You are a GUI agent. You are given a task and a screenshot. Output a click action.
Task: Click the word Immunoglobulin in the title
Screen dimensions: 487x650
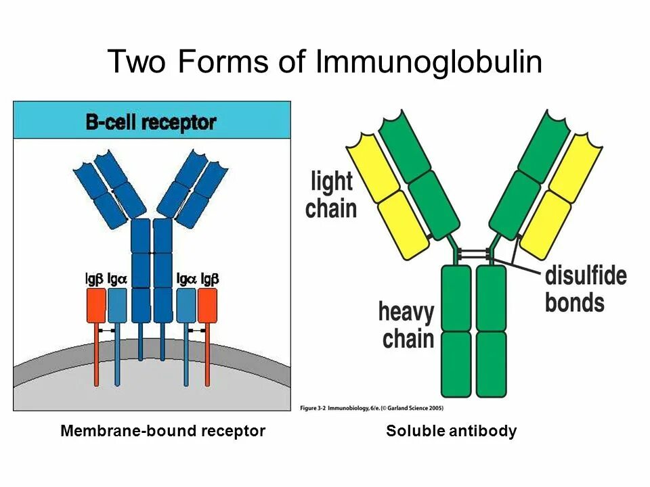click(429, 63)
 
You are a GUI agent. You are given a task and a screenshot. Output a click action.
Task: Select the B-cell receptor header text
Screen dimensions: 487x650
click(150, 122)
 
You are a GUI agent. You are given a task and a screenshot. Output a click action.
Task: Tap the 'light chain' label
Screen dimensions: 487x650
click(331, 195)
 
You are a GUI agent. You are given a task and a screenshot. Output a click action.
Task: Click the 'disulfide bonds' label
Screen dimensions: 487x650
click(586, 289)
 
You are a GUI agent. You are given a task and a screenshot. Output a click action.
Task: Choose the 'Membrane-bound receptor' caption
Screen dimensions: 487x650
click(162, 431)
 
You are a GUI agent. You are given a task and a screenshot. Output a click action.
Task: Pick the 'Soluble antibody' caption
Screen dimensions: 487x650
click(452, 431)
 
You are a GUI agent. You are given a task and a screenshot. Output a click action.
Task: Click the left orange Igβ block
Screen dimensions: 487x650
click(95, 306)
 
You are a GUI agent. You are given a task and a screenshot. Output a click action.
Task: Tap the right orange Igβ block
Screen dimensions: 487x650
click(207, 306)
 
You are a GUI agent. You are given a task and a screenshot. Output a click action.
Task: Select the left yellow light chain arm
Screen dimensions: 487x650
click(386, 196)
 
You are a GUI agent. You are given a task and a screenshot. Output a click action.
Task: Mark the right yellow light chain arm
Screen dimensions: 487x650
click(561, 196)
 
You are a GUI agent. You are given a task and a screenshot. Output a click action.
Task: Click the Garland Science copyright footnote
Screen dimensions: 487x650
click(371, 408)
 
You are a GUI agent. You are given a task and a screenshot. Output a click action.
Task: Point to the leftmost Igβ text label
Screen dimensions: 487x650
click(94, 278)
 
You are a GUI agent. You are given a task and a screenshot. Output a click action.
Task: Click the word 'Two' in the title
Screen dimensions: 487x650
click(138, 63)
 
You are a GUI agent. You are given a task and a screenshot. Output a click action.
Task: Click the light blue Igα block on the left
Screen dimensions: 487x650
click(117, 306)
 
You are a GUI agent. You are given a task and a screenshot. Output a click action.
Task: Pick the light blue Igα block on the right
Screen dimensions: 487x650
click(186, 306)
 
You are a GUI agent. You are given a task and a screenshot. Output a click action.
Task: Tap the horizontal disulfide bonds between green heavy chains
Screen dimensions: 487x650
click(473, 254)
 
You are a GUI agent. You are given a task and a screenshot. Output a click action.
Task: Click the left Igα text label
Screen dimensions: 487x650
click(116, 278)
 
